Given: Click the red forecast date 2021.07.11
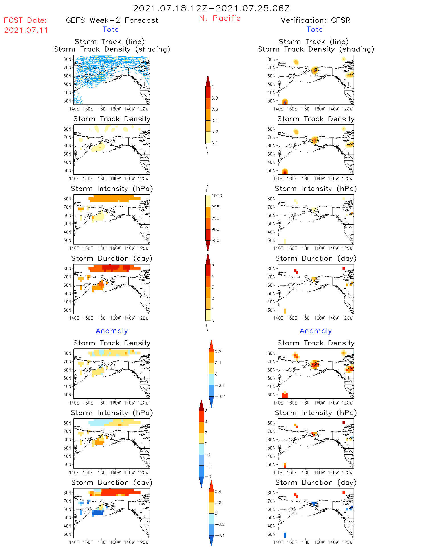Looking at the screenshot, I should click(26, 30).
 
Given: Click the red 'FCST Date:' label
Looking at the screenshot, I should click(25, 20).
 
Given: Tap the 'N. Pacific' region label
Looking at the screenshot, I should click(220, 18).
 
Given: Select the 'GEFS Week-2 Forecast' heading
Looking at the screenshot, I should click(112, 20).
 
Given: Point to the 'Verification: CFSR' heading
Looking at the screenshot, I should click(315, 20).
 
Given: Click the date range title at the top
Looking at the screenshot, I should click(211, 9).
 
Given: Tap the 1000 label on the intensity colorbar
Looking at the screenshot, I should click(216, 196).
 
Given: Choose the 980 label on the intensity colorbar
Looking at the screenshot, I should click(215, 240).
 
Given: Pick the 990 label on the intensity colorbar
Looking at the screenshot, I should click(215, 218).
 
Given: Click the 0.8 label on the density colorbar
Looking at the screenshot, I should click(215, 98).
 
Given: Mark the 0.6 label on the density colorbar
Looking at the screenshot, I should click(215, 109).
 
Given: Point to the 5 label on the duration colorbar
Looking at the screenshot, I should click(213, 265).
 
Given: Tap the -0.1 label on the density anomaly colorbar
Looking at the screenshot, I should click(220, 385).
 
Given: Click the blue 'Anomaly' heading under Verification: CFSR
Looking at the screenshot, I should click(316, 331).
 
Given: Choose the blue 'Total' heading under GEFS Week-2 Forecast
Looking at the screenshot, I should click(112, 29).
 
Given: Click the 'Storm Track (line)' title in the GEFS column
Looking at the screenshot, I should click(110, 42).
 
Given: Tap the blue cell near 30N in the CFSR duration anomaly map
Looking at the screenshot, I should click(285, 535).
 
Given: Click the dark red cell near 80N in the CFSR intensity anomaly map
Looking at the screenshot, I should click(344, 423).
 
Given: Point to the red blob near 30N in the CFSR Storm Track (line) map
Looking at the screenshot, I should click(285, 102).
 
